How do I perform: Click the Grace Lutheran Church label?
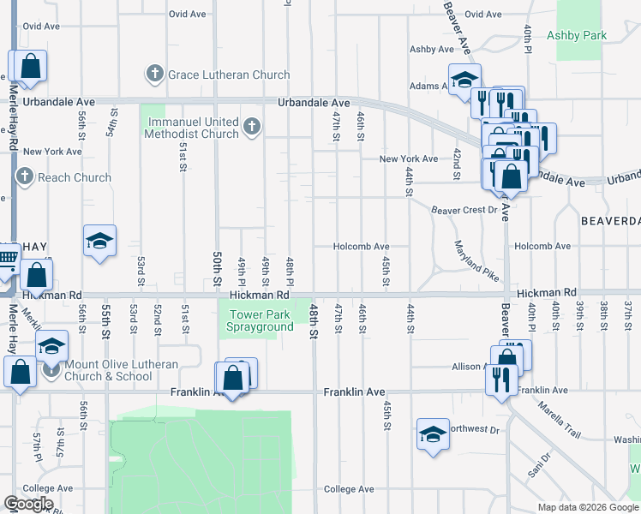pos(229,75)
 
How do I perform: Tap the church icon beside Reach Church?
pos(24,177)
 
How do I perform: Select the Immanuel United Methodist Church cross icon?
pos(251,128)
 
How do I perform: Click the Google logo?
pos(28,504)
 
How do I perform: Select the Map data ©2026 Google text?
pos(587,507)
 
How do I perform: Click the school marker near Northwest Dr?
pos(433,434)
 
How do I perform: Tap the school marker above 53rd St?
pos(99,242)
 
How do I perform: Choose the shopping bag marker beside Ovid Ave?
pos(30,67)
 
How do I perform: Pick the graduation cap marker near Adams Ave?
pos(464,80)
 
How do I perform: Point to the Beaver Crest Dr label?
pos(464,209)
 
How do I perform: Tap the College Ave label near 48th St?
pos(349,489)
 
